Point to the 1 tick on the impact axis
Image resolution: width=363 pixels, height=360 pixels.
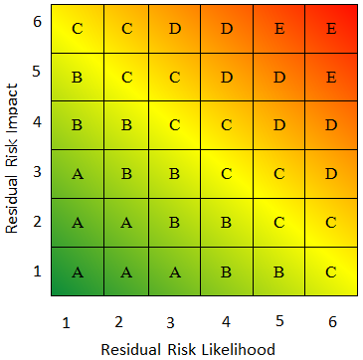(36, 270)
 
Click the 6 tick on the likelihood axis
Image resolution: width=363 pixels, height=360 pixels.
(331, 321)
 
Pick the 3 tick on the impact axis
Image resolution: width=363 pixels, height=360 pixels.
(36, 171)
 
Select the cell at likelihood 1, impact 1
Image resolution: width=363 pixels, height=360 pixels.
(78, 271)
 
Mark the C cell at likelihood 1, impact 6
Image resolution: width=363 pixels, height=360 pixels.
(78, 28)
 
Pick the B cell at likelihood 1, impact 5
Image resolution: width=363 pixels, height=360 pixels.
(78, 77)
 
